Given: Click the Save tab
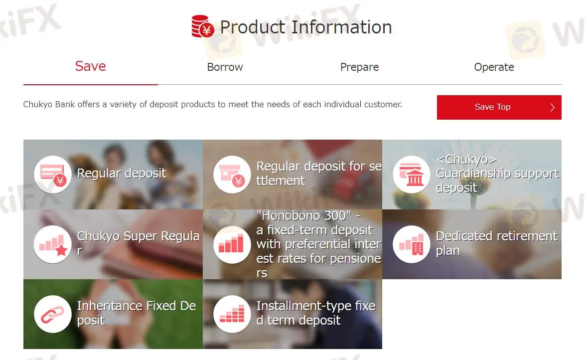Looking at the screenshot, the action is [x=90, y=66].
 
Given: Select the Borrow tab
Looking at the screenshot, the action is [x=225, y=67].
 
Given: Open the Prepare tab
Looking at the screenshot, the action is [x=360, y=67].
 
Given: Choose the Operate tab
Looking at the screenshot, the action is [x=494, y=67].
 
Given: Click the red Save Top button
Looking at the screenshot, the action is [x=499, y=107].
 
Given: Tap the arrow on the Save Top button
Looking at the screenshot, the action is [x=553, y=107].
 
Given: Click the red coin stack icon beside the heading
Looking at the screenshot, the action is [x=203, y=26].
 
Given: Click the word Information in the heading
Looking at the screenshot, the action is [x=342, y=27].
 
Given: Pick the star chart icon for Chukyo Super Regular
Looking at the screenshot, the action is [x=53, y=244].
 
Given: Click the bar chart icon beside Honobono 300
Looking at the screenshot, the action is [x=232, y=244].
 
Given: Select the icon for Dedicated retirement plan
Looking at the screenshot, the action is [x=412, y=244].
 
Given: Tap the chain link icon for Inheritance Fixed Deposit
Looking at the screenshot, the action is [x=53, y=314].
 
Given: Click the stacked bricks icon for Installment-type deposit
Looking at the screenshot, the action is [x=232, y=314].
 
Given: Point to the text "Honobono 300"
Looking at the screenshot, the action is [x=304, y=215].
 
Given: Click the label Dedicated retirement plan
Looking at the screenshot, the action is [x=497, y=243].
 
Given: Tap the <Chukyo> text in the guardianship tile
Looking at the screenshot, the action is [x=466, y=160].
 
